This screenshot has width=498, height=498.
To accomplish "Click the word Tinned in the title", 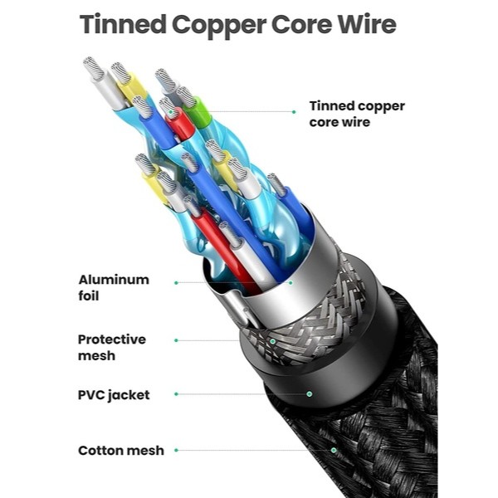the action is pyautogui.click(x=123, y=24).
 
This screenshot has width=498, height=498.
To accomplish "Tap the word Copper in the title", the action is pyautogui.click(x=219, y=26).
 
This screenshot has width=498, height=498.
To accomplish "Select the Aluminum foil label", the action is pyautogui.click(x=114, y=288).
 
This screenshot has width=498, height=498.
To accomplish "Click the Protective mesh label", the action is pyautogui.click(x=112, y=348).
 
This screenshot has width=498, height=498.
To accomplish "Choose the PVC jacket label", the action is pyautogui.click(x=114, y=395).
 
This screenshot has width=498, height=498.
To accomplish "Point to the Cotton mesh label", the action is pyautogui.click(x=121, y=451).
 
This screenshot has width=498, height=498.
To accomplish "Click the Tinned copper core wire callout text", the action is pyautogui.click(x=357, y=114).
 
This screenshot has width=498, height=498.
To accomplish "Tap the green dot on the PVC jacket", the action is pyautogui.click(x=309, y=394).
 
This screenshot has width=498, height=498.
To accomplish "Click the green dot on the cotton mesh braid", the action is pyautogui.click(x=334, y=450).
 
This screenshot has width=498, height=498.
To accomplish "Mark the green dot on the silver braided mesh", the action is pyautogui.click(x=272, y=341).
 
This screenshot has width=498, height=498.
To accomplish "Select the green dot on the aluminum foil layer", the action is pyautogui.click(x=290, y=282).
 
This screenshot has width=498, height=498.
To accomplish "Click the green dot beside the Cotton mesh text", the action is pyautogui.click(x=176, y=450).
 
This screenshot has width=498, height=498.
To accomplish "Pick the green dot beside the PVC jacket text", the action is pyautogui.click(x=176, y=394).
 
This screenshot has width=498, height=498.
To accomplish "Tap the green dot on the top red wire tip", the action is pyautogui.click(x=170, y=112).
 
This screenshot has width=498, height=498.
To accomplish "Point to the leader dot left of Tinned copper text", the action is pyautogui.click(x=294, y=112).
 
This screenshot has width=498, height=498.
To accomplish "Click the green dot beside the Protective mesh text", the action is pyautogui.click(x=176, y=340).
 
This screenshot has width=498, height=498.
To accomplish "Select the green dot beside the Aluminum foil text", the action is pyautogui.click(x=176, y=283).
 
